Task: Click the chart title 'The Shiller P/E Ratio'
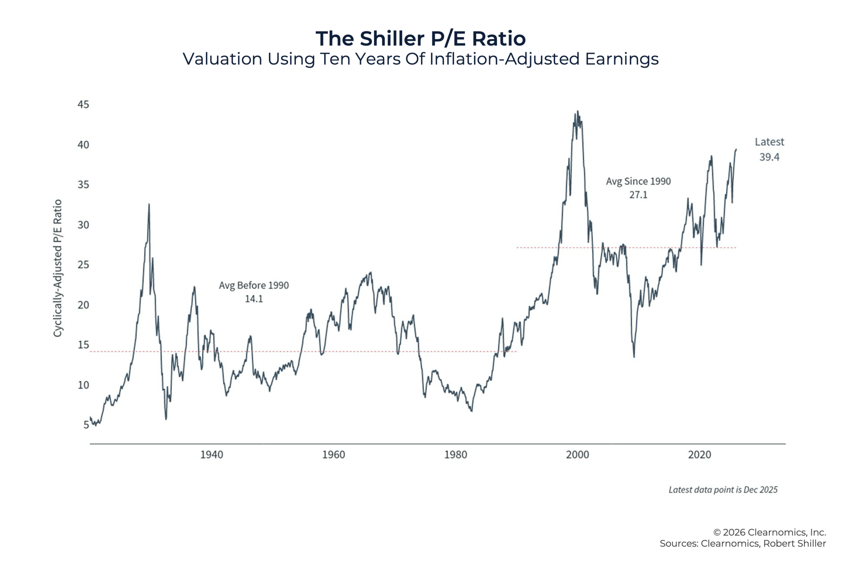pos(420,39)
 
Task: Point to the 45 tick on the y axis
pos(83,105)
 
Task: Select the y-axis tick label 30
pos(83,225)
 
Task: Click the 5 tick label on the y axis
pos(86,425)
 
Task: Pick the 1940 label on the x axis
pos(211,455)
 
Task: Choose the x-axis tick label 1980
pos(456,455)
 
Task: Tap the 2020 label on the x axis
pos(699,455)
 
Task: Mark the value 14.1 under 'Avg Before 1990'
pos(254,299)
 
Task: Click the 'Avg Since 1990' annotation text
pos(638,181)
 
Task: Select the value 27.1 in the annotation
pos(638,195)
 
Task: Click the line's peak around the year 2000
pos(578,111)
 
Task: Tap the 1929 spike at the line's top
pos(149,204)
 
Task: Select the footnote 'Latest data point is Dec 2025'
pos(723,490)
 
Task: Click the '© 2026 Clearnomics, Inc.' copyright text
pos(770,532)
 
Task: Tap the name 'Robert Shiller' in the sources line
pos(795,544)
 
